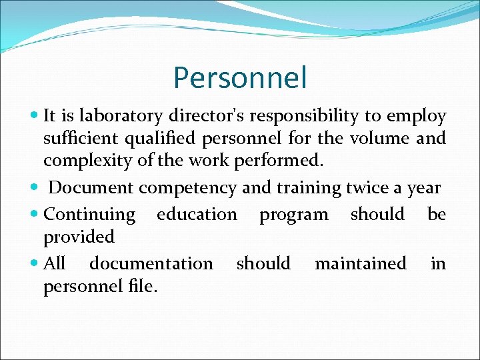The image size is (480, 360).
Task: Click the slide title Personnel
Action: [x=240, y=77]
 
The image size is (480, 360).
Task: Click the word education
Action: [x=197, y=214]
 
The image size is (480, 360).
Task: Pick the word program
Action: [x=293, y=215]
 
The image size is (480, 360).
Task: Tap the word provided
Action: [x=79, y=237]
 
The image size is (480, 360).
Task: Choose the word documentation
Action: [x=151, y=263]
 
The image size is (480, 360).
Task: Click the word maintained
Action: [x=360, y=263]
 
